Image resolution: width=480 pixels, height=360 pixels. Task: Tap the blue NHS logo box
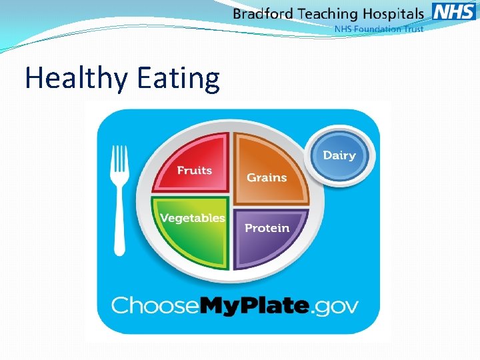[x=453, y=11]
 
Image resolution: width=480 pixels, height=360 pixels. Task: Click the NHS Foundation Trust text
[x=378, y=29]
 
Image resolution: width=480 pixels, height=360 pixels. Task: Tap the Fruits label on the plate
[x=194, y=171]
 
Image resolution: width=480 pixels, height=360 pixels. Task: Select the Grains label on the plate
[x=267, y=177]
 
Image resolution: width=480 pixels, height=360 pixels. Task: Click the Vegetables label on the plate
[x=192, y=218]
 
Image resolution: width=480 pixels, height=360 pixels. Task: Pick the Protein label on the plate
[x=267, y=228]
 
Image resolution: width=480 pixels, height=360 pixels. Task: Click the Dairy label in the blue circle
[x=339, y=155]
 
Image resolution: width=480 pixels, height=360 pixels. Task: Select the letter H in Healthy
[x=33, y=78]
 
